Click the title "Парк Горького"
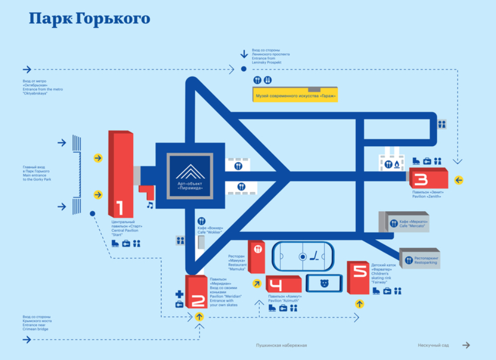click(x=89, y=19)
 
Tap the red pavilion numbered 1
click(x=119, y=176)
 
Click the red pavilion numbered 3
click(x=428, y=179)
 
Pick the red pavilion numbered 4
click(x=283, y=285)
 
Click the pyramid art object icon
click(x=190, y=175)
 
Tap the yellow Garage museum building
click(x=296, y=95)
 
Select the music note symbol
click(x=150, y=205)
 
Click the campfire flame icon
click(x=397, y=164)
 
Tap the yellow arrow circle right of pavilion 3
click(x=458, y=180)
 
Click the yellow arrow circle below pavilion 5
click(x=359, y=304)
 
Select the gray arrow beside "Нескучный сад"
click(x=466, y=345)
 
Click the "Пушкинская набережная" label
click(x=282, y=345)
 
